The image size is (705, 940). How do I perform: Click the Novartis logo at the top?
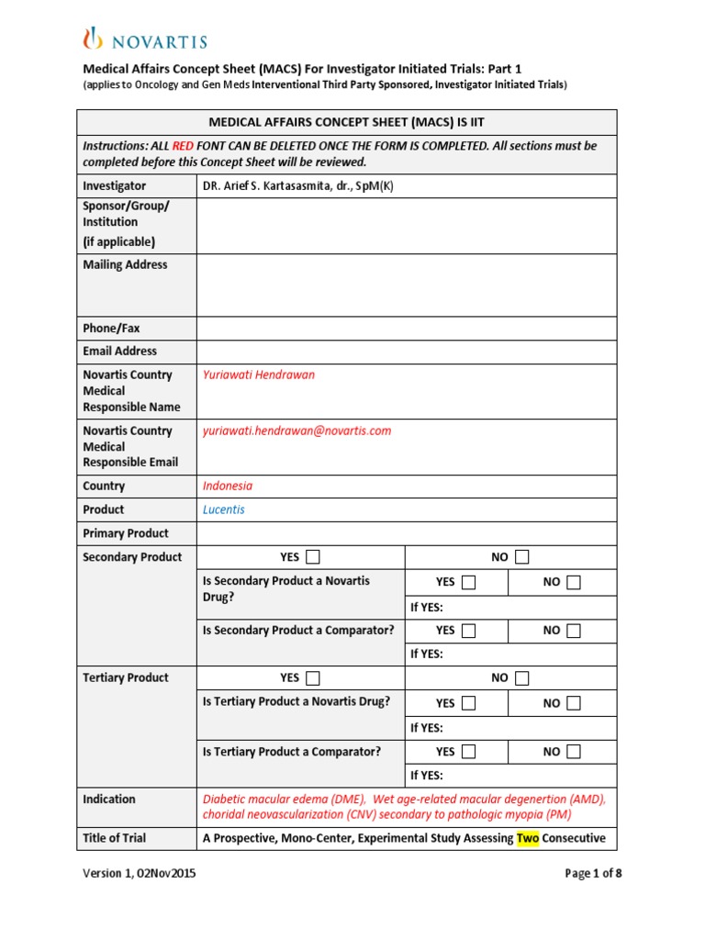click(x=145, y=39)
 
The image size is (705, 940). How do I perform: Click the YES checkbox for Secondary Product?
click(x=313, y=557)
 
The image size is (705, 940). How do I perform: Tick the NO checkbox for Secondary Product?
click(x=522, y=557)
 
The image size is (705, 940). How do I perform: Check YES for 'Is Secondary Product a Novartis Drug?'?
click(x=469, y=582)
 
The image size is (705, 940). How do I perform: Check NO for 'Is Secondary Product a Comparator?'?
click(x=574, y=631)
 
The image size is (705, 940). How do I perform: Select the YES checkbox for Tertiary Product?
click(x=313, y=678)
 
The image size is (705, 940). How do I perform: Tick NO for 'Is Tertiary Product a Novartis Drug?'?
click(x=574, y=703)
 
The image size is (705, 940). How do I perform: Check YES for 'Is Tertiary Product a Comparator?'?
click(x=469, y=752)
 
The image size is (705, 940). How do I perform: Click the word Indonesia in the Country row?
click(x=227, y=487)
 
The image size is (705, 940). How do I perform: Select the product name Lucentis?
click(x=223, y=509)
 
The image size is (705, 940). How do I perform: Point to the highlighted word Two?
click(x=527, y=837)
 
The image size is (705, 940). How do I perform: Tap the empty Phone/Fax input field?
click(x=406, y=328)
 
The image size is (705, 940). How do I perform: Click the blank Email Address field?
click(x=406, y=351)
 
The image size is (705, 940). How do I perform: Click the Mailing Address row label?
click(x=126, y=265)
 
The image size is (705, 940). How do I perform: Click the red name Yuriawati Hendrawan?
click(x=258, y=375)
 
